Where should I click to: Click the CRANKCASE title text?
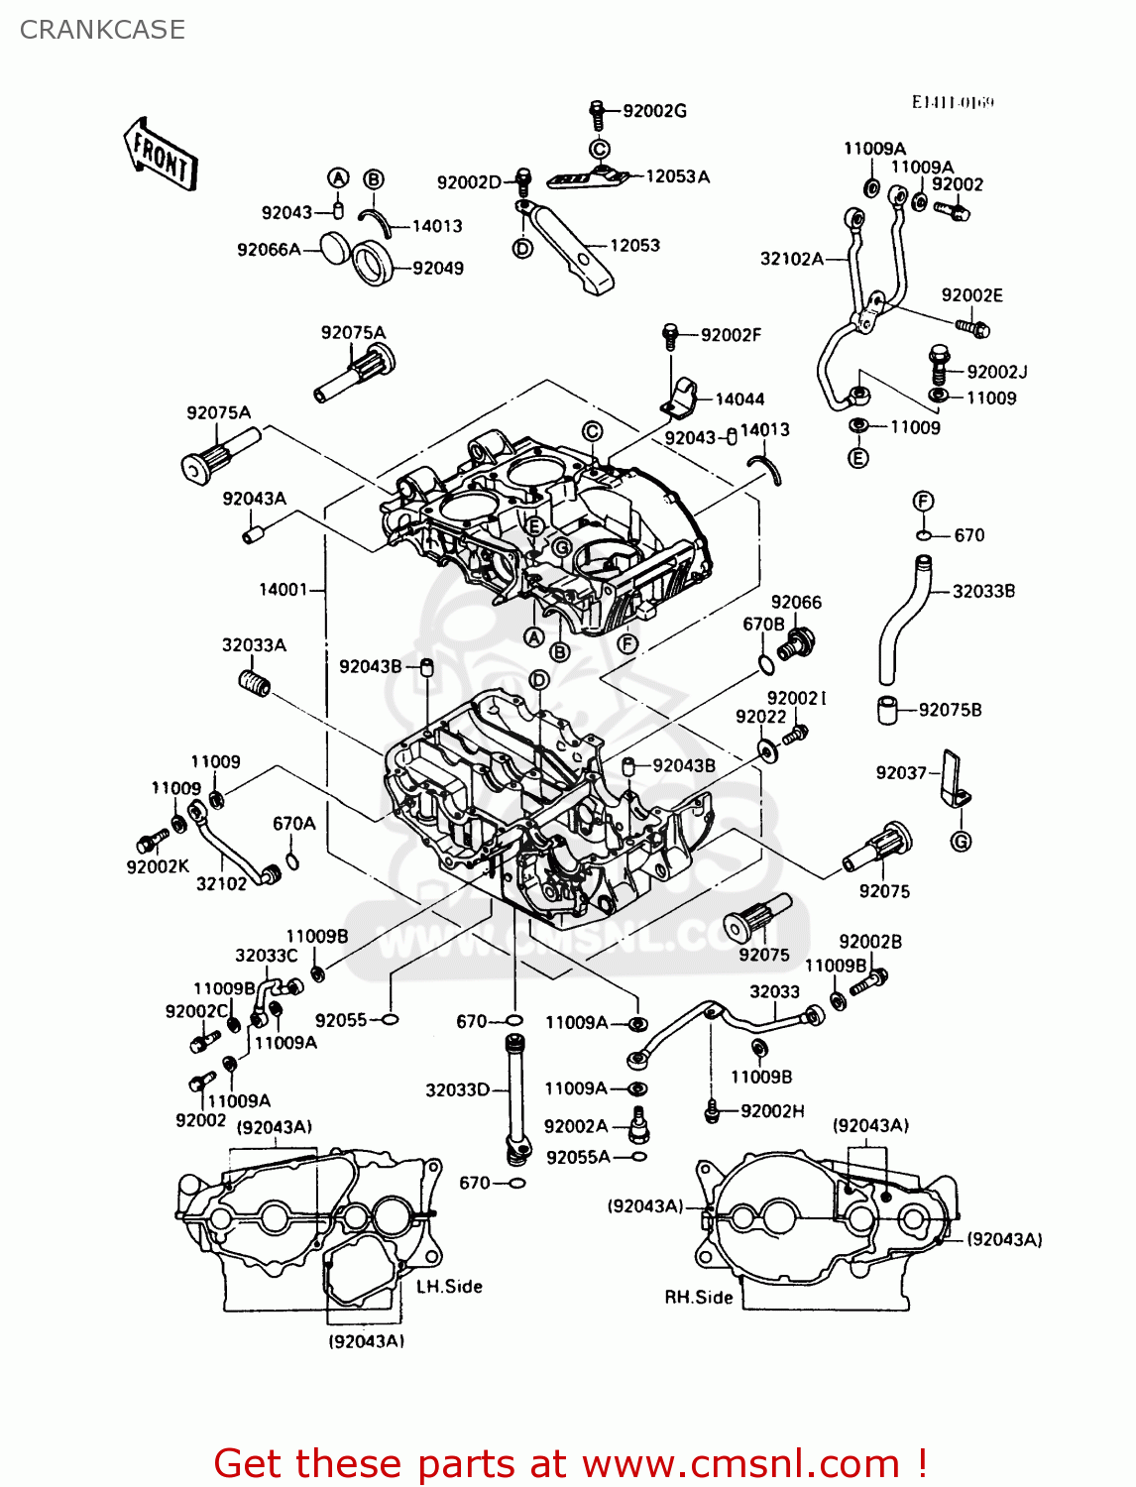[102, 30]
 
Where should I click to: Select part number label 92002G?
[654, 111]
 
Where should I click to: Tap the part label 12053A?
[678, 176]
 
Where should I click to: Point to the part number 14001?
[283, 590]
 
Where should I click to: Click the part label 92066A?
[269, 250]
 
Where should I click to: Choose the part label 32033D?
[458, 1090]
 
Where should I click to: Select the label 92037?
[901, 773]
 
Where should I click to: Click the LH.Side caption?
[449, 1287]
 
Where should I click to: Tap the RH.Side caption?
[699, 1298]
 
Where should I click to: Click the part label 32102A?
[792, 259]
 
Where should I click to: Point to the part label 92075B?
[950, 710]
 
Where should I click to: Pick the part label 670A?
[294, 824]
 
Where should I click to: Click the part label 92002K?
[158, 866]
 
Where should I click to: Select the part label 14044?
[739, 400]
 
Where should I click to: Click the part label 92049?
[438, 268]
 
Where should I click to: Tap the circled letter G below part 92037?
[961, 842]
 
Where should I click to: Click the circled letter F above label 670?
[923, 502]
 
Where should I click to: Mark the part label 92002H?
[772, 1111]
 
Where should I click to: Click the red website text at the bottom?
[570, 1463]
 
